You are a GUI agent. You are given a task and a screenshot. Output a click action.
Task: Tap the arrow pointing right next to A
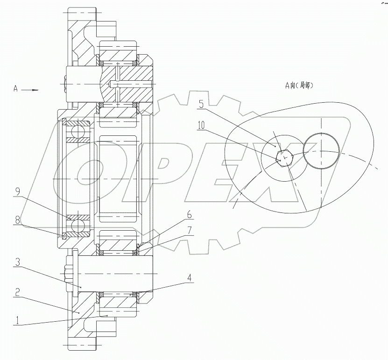(32, 89)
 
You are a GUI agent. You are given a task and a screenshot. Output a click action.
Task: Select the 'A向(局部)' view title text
(299, 85)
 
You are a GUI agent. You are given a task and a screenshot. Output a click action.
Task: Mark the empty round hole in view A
(322, 150)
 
